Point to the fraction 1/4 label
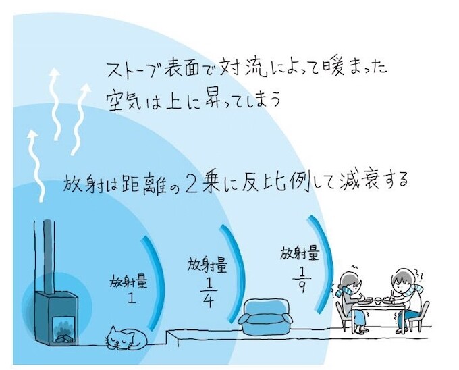(x=207, y=290)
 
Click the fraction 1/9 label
(x=299, y=277)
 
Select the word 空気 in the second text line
(x=123, y=99)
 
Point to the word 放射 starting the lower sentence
(x=80, y=182)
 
